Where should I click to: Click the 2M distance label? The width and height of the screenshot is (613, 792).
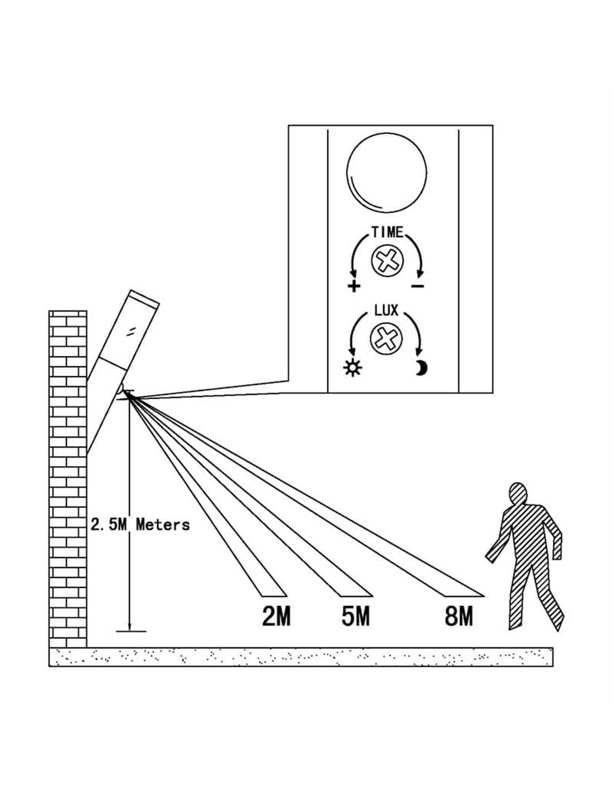[x=276, y=617]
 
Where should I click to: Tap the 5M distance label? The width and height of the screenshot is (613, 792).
[x=356, y=617]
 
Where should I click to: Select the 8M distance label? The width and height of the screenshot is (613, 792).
[x=459, y=617]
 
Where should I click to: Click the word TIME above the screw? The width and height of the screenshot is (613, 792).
[x=387, y=232]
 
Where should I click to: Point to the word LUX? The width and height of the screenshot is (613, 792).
[x=386, y=310]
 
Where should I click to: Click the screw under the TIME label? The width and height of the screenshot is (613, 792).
[x=387, y=260]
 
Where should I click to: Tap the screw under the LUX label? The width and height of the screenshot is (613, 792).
[x=386, y=338]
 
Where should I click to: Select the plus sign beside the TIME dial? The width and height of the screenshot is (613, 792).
[x=353, y=286]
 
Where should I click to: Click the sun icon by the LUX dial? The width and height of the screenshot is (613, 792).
[x=353, y=368]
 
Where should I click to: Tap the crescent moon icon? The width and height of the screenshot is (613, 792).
[x=420, y=368]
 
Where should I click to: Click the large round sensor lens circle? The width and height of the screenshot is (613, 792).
[x=387, y=173]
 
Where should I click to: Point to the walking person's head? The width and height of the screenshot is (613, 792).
[x=519, y=495]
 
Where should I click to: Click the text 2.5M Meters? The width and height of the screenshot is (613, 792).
[x=139, y=524]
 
